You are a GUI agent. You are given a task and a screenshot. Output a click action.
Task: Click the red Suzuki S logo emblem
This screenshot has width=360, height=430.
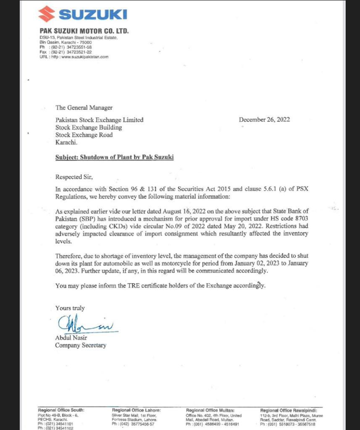47,14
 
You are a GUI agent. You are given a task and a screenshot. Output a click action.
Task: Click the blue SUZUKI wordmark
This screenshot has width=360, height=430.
92,15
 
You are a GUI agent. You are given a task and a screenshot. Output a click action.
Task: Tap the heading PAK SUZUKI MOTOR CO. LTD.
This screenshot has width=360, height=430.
84,31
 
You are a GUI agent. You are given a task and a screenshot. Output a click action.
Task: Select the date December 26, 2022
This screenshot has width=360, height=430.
264,119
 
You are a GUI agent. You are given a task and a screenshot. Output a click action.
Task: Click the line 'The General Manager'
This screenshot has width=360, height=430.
84,107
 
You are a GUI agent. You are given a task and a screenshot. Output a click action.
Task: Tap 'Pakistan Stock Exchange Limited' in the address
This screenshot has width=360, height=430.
99,120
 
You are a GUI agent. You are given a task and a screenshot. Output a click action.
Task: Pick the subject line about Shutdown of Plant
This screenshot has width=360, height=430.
114,157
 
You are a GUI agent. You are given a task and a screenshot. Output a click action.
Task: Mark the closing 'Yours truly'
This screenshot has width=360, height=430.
70,308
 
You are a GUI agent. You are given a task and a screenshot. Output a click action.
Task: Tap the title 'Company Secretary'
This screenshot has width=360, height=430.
81,345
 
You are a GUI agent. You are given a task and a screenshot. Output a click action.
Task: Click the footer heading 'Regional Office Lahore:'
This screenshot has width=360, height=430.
136,410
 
